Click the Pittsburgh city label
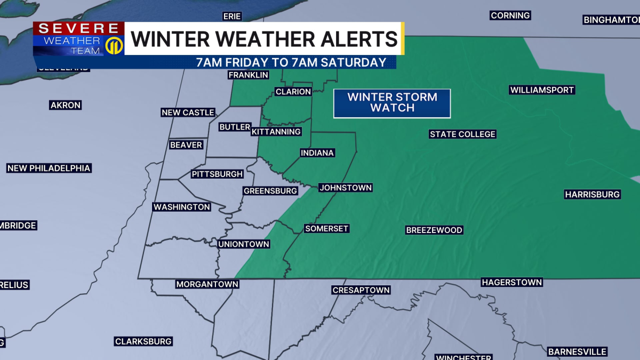coord(217,174)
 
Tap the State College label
coord(462,134)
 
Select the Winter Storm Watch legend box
coord(392,102)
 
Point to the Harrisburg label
coord(592,194)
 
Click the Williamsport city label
coord(542,90)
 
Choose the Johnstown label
coord(345,187)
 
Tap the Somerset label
coord(326,228)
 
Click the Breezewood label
coord(434,230)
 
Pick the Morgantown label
coord(207,284)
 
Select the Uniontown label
coord(244,244)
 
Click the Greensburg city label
coord(270,190)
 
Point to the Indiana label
coord(317,153)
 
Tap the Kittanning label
coord(276,131)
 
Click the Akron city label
coord(66,105)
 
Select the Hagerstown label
coord(511,282)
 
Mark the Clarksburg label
coord(143,341)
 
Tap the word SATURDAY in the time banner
coord(355,62)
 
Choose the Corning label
coord(510,15)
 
